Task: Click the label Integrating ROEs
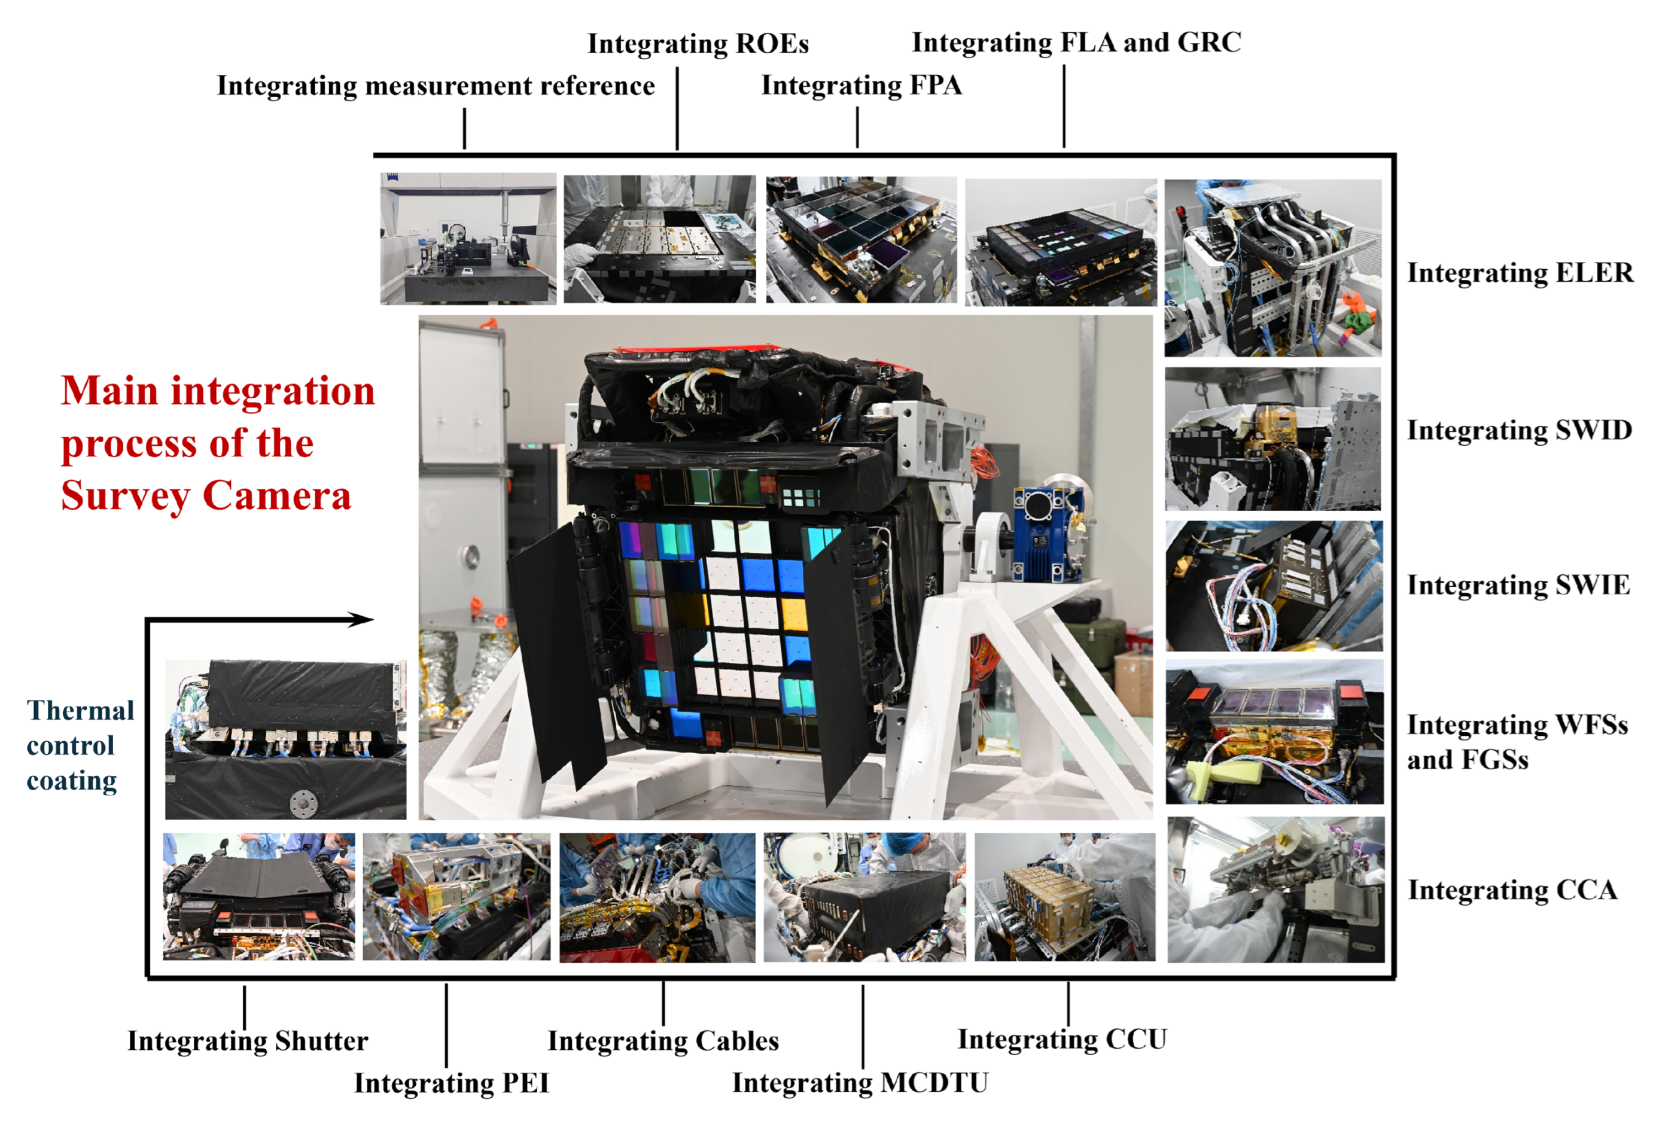point(698,44)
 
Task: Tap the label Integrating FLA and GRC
point(1076,42)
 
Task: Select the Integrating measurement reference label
point(436,86)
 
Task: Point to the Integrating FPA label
point(862,86)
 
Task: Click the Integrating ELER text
point(1520,273)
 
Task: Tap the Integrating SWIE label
point(1518,586)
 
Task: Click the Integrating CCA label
point(1512,891)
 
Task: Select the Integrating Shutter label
point(247,1041)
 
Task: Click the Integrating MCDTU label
point(860,1083)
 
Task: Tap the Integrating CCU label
point(1062,1040)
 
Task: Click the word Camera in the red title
point(276,496)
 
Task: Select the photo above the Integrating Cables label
point(657,898)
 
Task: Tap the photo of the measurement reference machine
point(468,239)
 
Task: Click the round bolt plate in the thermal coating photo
point(305,804)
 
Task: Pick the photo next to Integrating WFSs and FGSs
point(1274,732)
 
